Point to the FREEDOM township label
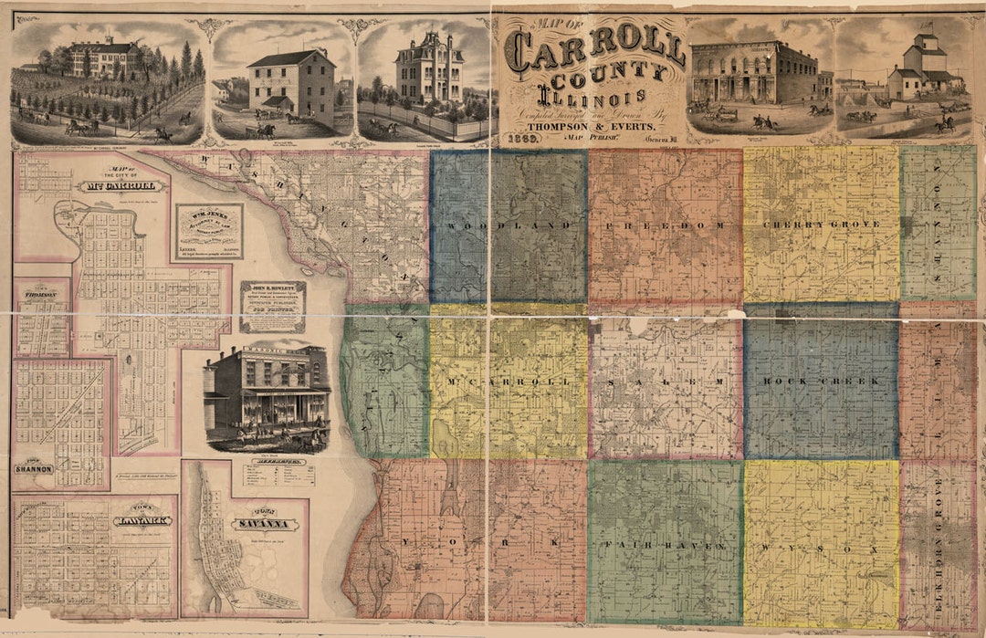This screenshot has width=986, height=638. [666, 225]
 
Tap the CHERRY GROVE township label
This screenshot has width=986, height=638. [822, 224]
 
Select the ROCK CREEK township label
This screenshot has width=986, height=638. [821, 381]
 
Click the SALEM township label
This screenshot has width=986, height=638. [666, 381]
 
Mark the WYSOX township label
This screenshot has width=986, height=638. [822, 549]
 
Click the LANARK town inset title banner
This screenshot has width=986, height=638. [142, 520]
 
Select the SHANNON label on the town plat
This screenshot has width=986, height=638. [34, 468]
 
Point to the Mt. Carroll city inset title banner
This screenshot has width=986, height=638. [121, 186]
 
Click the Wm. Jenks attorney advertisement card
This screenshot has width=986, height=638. [209, 231]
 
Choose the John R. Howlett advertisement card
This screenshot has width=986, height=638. [272, 306]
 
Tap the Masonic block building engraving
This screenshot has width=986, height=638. [267, 394]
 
